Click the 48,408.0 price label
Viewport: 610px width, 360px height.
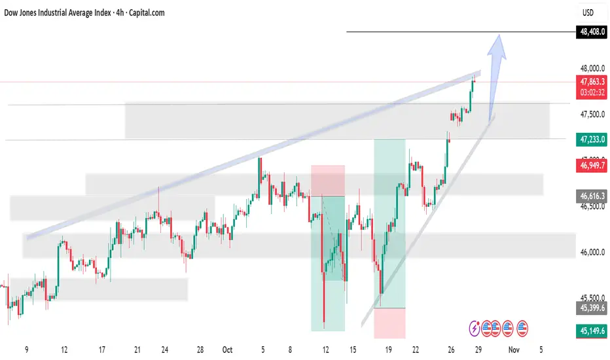tap(592, 32)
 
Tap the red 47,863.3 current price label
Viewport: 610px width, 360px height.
tap(592, 82)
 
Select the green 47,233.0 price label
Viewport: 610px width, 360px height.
tap(592, 139)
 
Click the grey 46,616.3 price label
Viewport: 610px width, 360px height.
tap(592, 195)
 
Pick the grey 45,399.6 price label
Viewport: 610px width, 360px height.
tap(592, 306)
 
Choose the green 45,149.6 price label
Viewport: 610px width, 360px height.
tap(592, 333)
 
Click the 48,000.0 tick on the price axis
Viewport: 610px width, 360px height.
tap(592, 68)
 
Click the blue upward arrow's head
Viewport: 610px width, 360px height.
tap(499, 41)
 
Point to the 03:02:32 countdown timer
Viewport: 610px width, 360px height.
tap(592, 93)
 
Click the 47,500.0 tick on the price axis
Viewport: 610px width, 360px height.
tap(592, 115)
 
